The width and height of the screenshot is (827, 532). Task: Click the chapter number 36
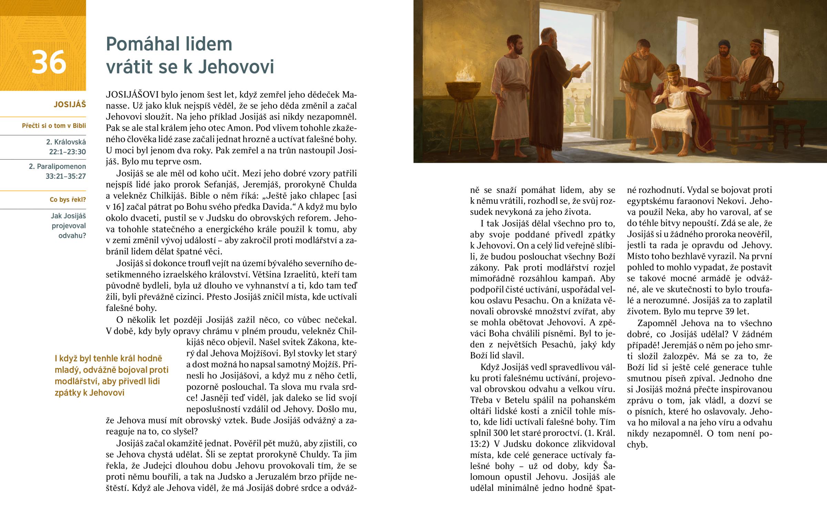coord(49,62)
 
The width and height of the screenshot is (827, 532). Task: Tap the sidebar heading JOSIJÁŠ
coord(70,104)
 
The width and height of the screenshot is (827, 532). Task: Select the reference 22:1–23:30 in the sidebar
coord(67,152)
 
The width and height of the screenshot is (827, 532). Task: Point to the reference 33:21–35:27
coord(65,176)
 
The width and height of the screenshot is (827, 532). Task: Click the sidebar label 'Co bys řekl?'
coord(68,200)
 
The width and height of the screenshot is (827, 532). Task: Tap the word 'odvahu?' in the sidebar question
coord(72,235)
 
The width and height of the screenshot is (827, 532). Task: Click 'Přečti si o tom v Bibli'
coord(54,126)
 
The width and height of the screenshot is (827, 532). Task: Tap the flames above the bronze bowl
coord(463,74)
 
